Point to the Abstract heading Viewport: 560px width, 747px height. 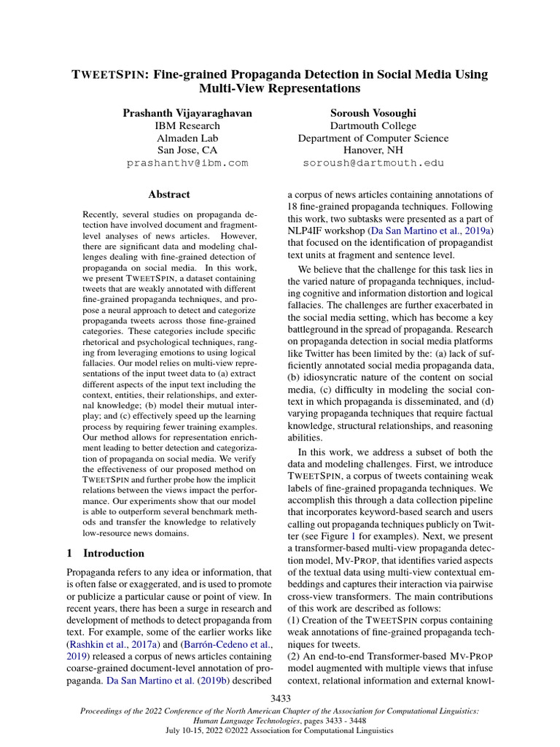[x=169, y=194]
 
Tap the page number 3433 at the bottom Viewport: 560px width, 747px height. [x=280, y=699]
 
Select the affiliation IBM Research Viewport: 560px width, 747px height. [x=188, y=125]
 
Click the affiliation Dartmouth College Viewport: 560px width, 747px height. [x=373, y=125]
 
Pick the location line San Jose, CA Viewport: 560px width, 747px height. [x=188, y=150]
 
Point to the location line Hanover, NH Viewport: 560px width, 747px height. [x=373, y=150]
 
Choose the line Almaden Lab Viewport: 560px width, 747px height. [x=188, y=138]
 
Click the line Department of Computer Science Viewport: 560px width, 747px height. [x=373, y=138]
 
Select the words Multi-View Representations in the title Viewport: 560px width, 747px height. [x=280, y=89]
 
